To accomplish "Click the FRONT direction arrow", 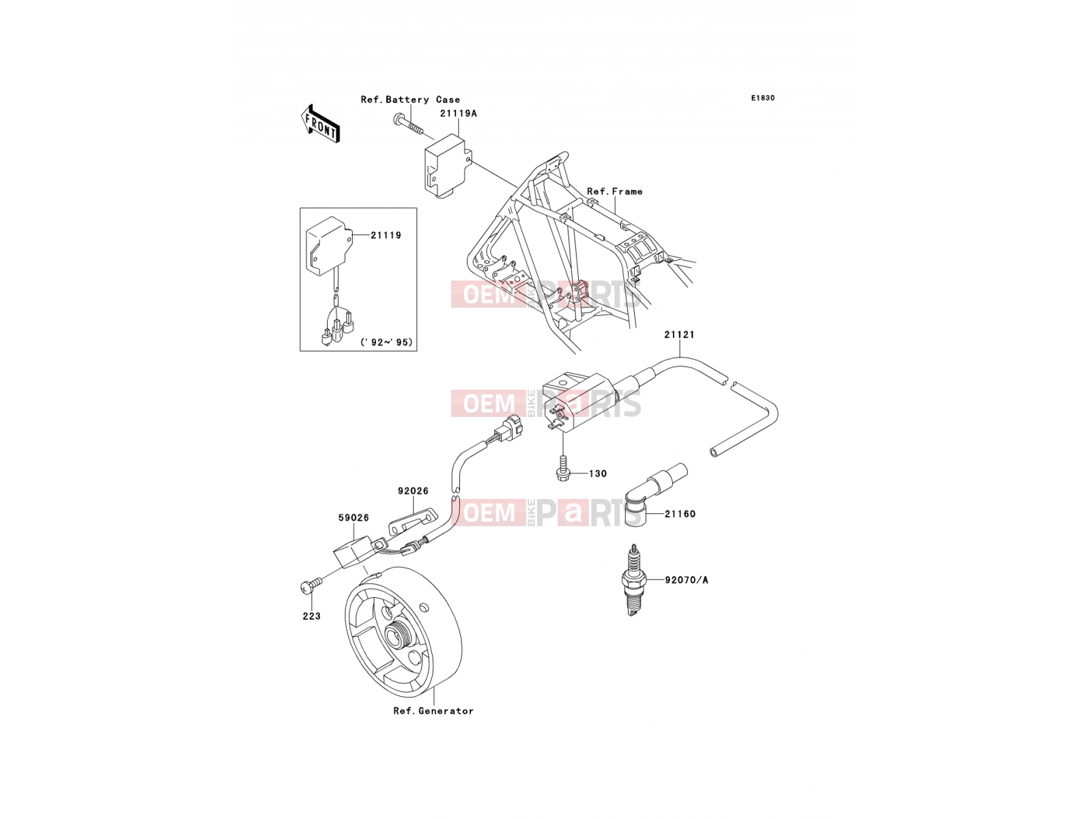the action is (x=320, y=124).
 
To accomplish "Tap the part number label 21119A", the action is (x=458, y=113).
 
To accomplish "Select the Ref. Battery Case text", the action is (x=410, y=100).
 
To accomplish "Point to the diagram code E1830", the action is (x=762, y=98).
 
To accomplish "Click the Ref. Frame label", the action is (x=614, y=192).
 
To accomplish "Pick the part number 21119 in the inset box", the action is (x=386, y=235).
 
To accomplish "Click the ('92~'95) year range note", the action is (x=386, y=342).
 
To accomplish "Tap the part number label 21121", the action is (x=679, y=334).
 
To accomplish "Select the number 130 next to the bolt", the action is (x=598, y=474).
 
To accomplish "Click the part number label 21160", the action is (x=680, y=514).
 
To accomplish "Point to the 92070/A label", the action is (x=687, y=580).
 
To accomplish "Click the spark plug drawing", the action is (x=633, y=580).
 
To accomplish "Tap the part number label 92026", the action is (x=413, y=491).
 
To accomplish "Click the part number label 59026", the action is (x=354, y=517).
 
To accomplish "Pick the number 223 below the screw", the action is (x=311, y=616).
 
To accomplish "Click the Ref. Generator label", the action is (x=433, y=711).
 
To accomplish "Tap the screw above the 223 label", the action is (x=310, y=586).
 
